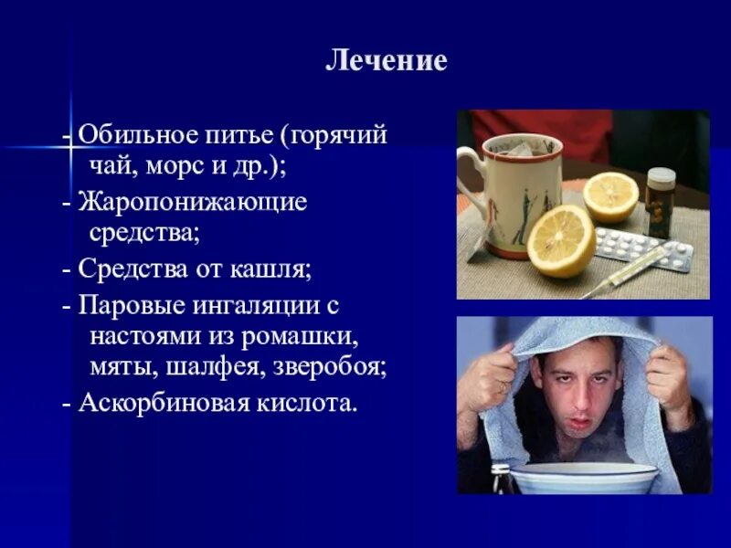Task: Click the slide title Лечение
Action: coord(387,61)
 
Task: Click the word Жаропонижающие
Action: coord(193,201)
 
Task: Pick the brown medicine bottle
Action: coord(661,202)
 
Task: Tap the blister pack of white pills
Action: coord(644,248)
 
